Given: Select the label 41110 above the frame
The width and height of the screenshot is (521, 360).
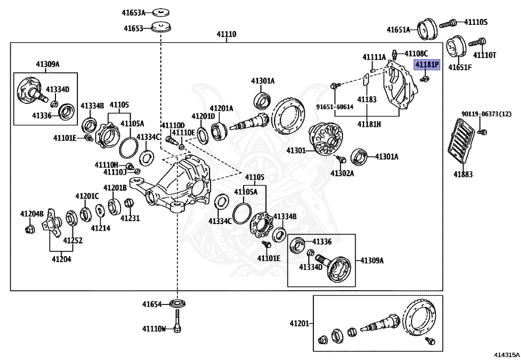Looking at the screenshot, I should point(227,34).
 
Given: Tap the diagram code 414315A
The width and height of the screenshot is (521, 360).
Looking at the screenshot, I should point(505,353).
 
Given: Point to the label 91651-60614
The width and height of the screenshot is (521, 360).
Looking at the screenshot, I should point(334,107).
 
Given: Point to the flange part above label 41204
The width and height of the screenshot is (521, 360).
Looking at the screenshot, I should point(52,225).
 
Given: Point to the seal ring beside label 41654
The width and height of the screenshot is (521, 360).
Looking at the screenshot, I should point(178,304).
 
